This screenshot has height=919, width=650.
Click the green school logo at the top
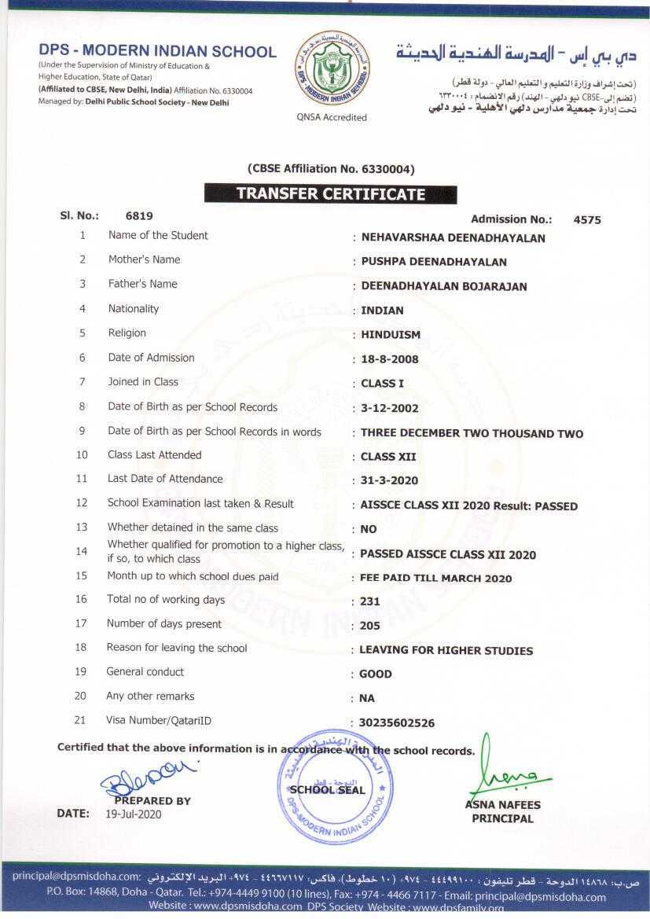pyautogui.click(x=330, y=72)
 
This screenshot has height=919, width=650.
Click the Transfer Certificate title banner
pyautogui.click(x=330, y=194)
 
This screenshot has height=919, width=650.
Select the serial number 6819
pyautogui.click(x=139, y=215)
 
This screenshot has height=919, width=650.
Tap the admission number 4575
pyautogui.click(x=587, y=220)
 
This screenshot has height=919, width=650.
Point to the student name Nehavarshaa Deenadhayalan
pyautogui.click(x=453, y=238)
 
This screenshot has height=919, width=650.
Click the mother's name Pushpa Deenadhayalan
pyautogui.click(x=434, y=262)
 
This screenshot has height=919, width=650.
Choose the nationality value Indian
pyautogui.click(x=382, y=311)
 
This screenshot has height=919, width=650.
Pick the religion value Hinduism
pyautogui.click(x=391, y=335)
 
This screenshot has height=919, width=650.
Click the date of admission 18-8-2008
pyautogui.click(x=390, y=359)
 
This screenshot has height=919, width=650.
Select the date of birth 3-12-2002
pyautogui.click(x=390, y=409)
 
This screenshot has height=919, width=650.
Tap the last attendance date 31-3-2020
pyautogui.click(x=389, y=480)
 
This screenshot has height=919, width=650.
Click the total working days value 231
pyautogui.click(x=370, y=602)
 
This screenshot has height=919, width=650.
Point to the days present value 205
pyautogui.click(x=370, y=627)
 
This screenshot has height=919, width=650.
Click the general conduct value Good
pyautogui.click(x=376, y=675)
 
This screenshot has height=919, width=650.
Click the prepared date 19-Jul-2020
pyautogui.click(x=133, y=814)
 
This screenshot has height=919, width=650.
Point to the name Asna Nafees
pyautogui.click(x=502, y=805)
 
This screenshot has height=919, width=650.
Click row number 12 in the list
pyautogui.click(x=82, y=503)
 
